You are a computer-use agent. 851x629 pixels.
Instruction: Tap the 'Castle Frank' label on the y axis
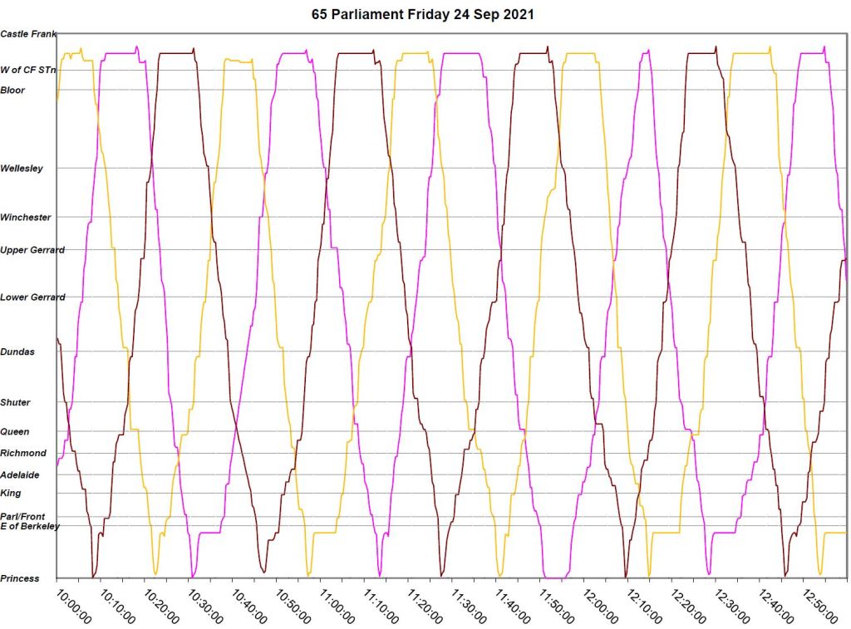[28, 34]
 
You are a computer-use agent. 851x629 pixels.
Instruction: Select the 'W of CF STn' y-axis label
[28, 71]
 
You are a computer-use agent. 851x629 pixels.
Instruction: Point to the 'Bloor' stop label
[13, 91]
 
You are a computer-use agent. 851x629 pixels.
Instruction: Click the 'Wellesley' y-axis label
[22, 169]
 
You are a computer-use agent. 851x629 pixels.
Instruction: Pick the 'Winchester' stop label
[26, 218]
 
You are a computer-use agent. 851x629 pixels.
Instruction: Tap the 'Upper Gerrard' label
[32, 250]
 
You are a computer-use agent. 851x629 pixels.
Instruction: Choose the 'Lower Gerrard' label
[32, 297]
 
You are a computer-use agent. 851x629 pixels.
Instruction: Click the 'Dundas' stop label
[17, 352]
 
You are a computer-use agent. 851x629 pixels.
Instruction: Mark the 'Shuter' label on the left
[16, 403]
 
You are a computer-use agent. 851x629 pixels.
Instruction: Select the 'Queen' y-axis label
[15, 432]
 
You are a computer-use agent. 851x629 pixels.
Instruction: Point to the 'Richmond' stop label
[23, 454]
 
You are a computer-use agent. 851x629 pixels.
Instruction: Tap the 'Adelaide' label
[20, 475]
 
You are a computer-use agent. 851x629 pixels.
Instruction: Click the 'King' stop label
[11, 494]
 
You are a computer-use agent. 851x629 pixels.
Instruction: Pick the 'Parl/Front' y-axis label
[22, 517]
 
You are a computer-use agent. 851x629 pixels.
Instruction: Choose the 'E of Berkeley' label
[30, 526]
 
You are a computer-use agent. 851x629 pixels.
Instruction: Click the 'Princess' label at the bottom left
[20, 578]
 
